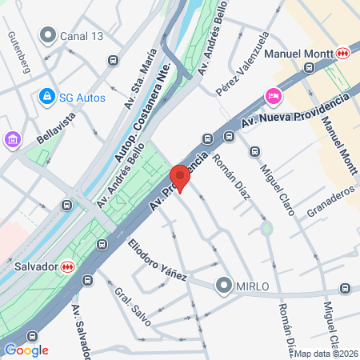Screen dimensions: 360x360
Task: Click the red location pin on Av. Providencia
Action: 180,177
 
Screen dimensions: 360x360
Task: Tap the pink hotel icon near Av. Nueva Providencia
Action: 273,96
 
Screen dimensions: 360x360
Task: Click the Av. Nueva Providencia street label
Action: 296,110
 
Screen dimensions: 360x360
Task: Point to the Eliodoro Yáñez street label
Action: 157,261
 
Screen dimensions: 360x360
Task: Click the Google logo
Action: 26,350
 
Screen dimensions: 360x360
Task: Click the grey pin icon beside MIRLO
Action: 223,286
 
